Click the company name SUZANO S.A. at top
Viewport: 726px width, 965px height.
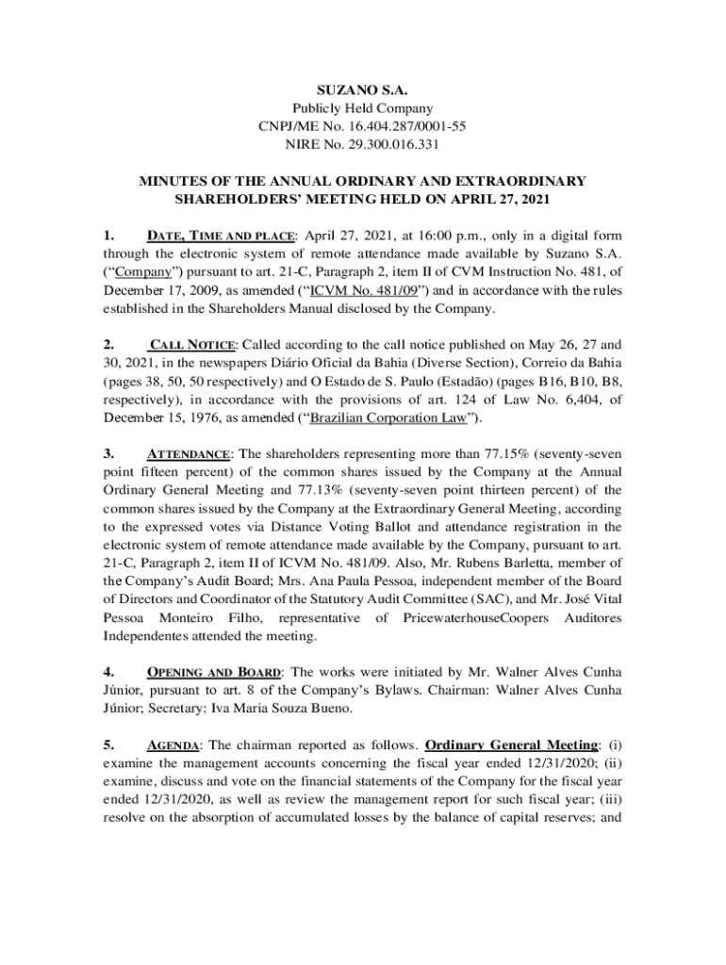coord(363,91)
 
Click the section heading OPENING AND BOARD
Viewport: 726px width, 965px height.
coord(213,672)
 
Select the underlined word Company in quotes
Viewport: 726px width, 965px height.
coord(140,272)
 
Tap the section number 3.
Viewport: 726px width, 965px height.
coord(108,453)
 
